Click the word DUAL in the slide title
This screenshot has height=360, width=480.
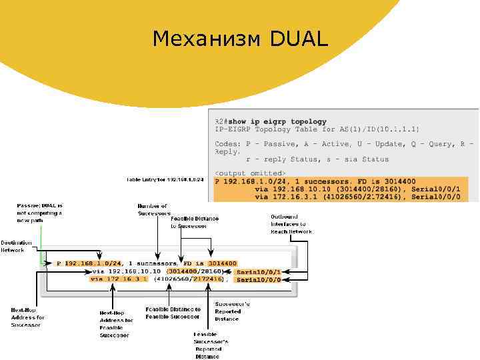click(299, 39)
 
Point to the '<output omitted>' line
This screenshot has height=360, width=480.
click(250, 173)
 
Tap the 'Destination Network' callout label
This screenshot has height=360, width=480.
click(13, 246)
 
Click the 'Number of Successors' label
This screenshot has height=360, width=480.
click(154, 210)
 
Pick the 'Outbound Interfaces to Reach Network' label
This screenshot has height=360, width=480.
click(291, 224)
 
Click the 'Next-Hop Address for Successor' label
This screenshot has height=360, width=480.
click(27, 317)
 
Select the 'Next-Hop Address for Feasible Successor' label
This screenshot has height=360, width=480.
click(116, 324)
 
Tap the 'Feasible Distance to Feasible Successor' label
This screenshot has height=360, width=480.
click(173, 313)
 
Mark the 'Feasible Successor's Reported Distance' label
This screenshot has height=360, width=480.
click(211, 345)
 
